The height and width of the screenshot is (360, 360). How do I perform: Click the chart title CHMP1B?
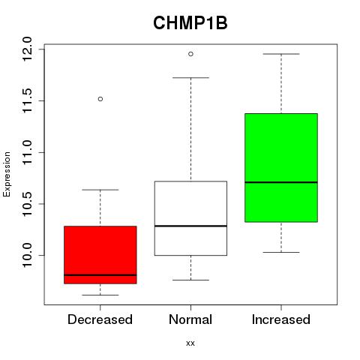[x=190, y=23]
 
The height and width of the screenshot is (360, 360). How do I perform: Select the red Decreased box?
[x=100, y=255]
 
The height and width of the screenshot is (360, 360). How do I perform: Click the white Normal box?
[x=190, y=218]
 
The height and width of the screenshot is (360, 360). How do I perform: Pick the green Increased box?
[x=281, y=168]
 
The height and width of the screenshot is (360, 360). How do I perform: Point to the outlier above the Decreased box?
[x=100, y=99]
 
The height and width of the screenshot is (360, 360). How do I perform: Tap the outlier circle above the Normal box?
[x=190, y=54]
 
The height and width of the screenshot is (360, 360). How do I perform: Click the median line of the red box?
[x=100, y=275]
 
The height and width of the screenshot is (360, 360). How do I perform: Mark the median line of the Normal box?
[x=190, y=226]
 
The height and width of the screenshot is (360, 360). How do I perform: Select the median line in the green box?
[x=281, y=182]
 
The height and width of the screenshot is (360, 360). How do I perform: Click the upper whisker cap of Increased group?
[x=281, y=54]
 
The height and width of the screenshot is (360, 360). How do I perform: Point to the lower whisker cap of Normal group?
[x=190, y=280]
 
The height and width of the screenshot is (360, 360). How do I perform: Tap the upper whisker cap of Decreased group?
[x=100, y=190]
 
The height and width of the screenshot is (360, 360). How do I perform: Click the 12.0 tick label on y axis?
[x=27, y=49]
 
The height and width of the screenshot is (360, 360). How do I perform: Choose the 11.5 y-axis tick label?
[x=27, y=100]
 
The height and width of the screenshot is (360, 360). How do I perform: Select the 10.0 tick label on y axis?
[x=27, y=255]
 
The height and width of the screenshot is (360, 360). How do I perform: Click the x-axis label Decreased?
[x=100, y=319]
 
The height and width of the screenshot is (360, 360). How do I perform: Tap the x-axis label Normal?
[x=190, y=319]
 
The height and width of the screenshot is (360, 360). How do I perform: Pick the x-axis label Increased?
[x=281, y=319]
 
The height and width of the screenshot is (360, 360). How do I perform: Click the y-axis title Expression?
[x=7, y=174]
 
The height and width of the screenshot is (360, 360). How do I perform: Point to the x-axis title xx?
[x=190, y=343]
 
